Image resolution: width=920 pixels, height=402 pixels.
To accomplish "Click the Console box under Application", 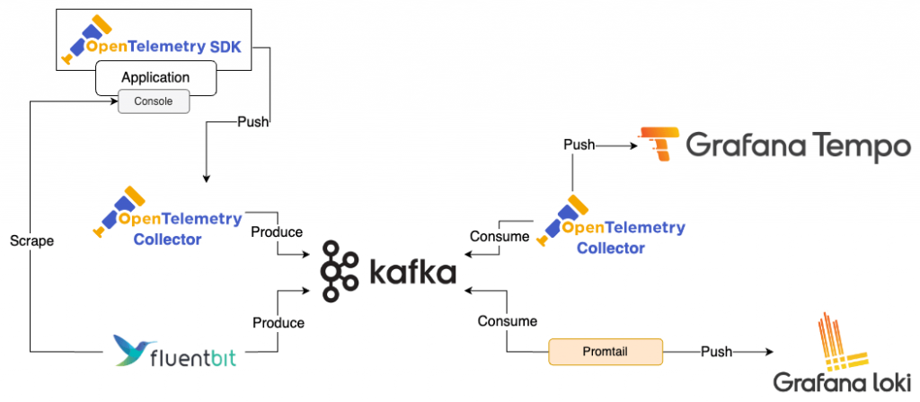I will (x=154, y=102).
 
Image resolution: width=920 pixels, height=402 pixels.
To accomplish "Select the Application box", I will (x=155, y=78).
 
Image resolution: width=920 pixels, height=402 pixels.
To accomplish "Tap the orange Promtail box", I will (x=605, y=351).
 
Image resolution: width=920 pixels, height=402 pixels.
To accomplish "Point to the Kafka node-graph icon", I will (x=341, y=270).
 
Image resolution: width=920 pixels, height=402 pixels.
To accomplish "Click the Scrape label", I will (x=31, y=241).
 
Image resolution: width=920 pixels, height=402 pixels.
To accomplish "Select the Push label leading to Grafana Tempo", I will (x=579, y=144).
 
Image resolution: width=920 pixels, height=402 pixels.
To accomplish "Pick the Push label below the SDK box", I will (x=253, y=122).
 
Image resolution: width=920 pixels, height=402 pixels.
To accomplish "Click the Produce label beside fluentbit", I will (x=278, y=322).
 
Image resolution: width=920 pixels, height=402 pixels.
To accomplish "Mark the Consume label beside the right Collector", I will (x=500, y=237).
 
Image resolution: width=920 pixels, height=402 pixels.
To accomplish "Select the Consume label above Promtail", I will (x=508, y=320).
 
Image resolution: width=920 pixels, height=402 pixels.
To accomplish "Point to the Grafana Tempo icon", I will (x=655, y=144).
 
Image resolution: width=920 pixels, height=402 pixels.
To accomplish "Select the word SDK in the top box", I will (x=223, y=42).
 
